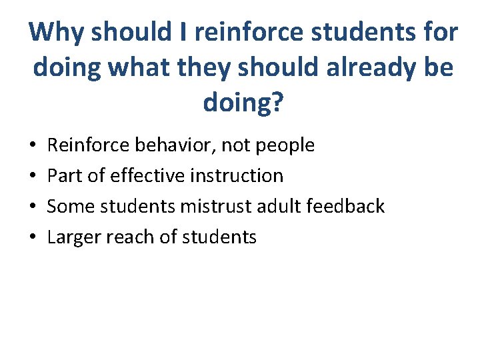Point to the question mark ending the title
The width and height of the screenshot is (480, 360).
pos(275,103)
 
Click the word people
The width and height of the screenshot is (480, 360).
pos(283,145)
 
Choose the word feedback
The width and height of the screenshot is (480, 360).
pos(349,206)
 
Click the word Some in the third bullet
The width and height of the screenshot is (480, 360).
pos(66,206)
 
